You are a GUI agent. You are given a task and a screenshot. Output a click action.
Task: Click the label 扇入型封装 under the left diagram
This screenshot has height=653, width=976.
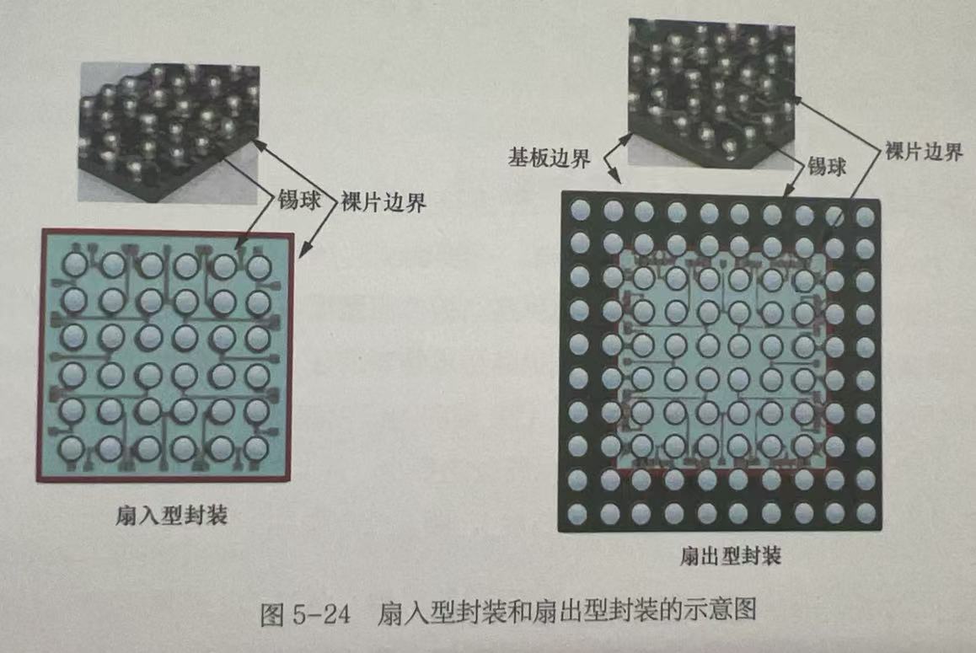click(x=172, y=515)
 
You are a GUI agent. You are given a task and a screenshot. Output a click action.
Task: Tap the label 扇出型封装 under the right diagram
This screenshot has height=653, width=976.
click(x=730, y=557)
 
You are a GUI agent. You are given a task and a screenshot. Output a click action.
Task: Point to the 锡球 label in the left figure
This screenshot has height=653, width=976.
click(x=299, y=202)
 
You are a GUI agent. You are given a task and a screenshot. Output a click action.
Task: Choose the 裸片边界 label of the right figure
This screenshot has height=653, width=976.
click(x=924, y=153)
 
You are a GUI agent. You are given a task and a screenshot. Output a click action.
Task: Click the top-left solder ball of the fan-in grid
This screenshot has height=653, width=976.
click(x=74, y=265)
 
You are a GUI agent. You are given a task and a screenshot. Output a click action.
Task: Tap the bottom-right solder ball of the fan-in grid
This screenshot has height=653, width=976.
click(x=258, y=446)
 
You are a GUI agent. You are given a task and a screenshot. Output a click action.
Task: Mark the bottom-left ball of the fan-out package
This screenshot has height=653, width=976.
click(x=579, y=511)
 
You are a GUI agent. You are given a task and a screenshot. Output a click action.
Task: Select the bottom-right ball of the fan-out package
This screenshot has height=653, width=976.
click(x=865, y=512)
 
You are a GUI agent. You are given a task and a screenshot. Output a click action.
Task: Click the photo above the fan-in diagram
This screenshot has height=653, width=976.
click(x=169, y=132)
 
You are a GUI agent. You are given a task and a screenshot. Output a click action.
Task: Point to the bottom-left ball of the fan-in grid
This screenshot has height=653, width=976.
click(x=74, y=446)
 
